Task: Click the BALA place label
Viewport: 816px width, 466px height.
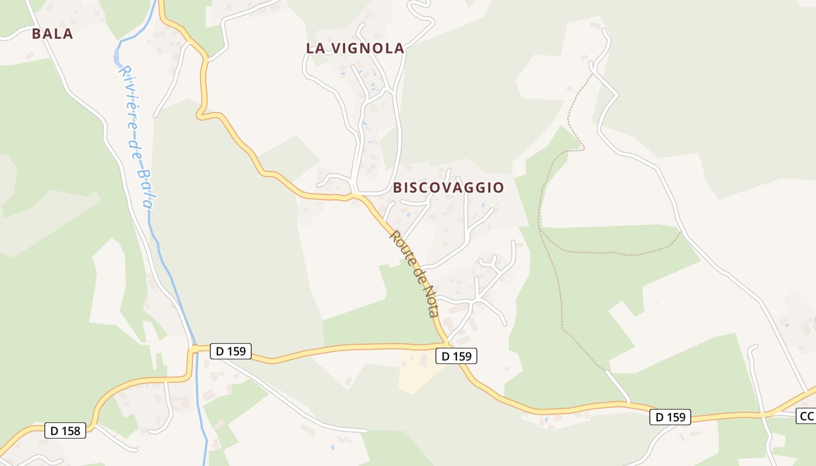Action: [52, 34]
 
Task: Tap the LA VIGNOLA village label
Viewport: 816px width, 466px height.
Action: [355, 48]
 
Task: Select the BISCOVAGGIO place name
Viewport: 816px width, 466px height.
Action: [448, 188]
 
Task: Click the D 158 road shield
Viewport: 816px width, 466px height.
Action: [65, 431]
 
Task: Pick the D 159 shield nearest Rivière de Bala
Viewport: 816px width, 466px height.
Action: [231, 351]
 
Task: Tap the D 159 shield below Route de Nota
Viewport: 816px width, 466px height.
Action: [456, 356]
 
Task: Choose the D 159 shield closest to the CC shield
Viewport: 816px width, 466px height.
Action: [670, 417]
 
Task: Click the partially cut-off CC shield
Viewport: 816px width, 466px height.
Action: [807, 416]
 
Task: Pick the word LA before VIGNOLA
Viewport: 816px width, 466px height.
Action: [315, 48]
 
